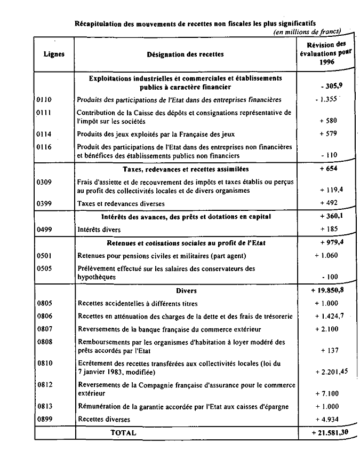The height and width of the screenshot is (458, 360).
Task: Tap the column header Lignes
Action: [x=54, y=54]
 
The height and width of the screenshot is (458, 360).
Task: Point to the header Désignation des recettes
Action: [x=185, y=54]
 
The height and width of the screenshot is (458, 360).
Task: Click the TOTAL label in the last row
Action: [x=123, y=433]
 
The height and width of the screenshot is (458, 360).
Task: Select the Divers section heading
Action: [x=186, y=291]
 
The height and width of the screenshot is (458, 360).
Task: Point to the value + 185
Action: [x=328, y=230]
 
